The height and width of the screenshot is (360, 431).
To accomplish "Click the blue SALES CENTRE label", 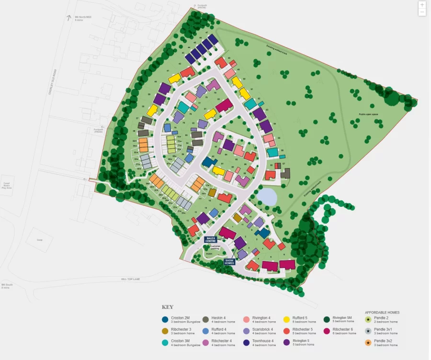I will click(210, 239).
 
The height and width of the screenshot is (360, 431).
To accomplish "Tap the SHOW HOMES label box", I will click(230, 261).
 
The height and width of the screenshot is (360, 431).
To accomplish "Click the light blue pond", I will click(266, 196).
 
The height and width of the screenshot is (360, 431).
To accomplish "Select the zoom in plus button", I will click(422, 5).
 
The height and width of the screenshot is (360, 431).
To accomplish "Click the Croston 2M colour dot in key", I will click(165, 319).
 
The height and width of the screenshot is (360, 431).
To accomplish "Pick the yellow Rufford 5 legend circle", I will click(286, 319).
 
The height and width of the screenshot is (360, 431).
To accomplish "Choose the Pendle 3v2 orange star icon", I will click(368, 343).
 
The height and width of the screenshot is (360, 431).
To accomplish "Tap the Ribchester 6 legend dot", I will click(326, 331).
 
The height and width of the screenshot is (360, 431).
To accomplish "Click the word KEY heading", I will click(168, 307).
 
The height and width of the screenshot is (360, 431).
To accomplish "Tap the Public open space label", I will click(370, 114).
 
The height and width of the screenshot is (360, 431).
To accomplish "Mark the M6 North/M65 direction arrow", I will click(68, 18).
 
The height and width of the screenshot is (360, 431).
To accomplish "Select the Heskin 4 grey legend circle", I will click(205, 319).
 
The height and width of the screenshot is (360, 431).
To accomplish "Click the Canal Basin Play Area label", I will click(7, 185).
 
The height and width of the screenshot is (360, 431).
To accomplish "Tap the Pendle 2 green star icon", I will click(368, 319).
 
